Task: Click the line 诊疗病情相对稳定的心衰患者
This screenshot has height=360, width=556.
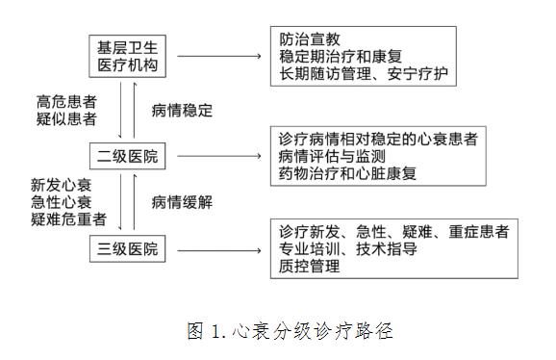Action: [x=381, y=138]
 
